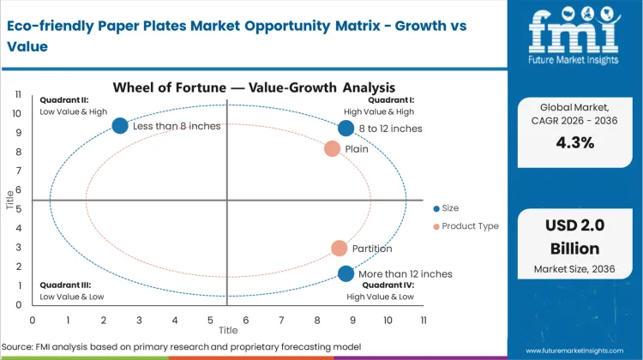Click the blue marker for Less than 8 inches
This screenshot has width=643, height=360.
(x=121, y=126)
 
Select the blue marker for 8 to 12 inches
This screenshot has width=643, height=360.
(x=346, y=129)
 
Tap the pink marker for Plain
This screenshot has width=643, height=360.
(x=333, y=148)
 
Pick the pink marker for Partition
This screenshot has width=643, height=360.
(x=340, y=249)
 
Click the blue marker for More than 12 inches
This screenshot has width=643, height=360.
(x=346, y=274)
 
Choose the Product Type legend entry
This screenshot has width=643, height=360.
(x=466, y=226)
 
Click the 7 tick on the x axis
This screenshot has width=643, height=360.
(x=282, y=320)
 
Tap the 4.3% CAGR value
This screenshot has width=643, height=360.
(x=575, y=143)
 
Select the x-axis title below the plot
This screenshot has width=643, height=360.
(x=228, y=330)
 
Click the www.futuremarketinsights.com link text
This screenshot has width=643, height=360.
(x=580, y=351)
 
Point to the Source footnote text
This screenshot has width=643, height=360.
(x=183, y=346)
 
